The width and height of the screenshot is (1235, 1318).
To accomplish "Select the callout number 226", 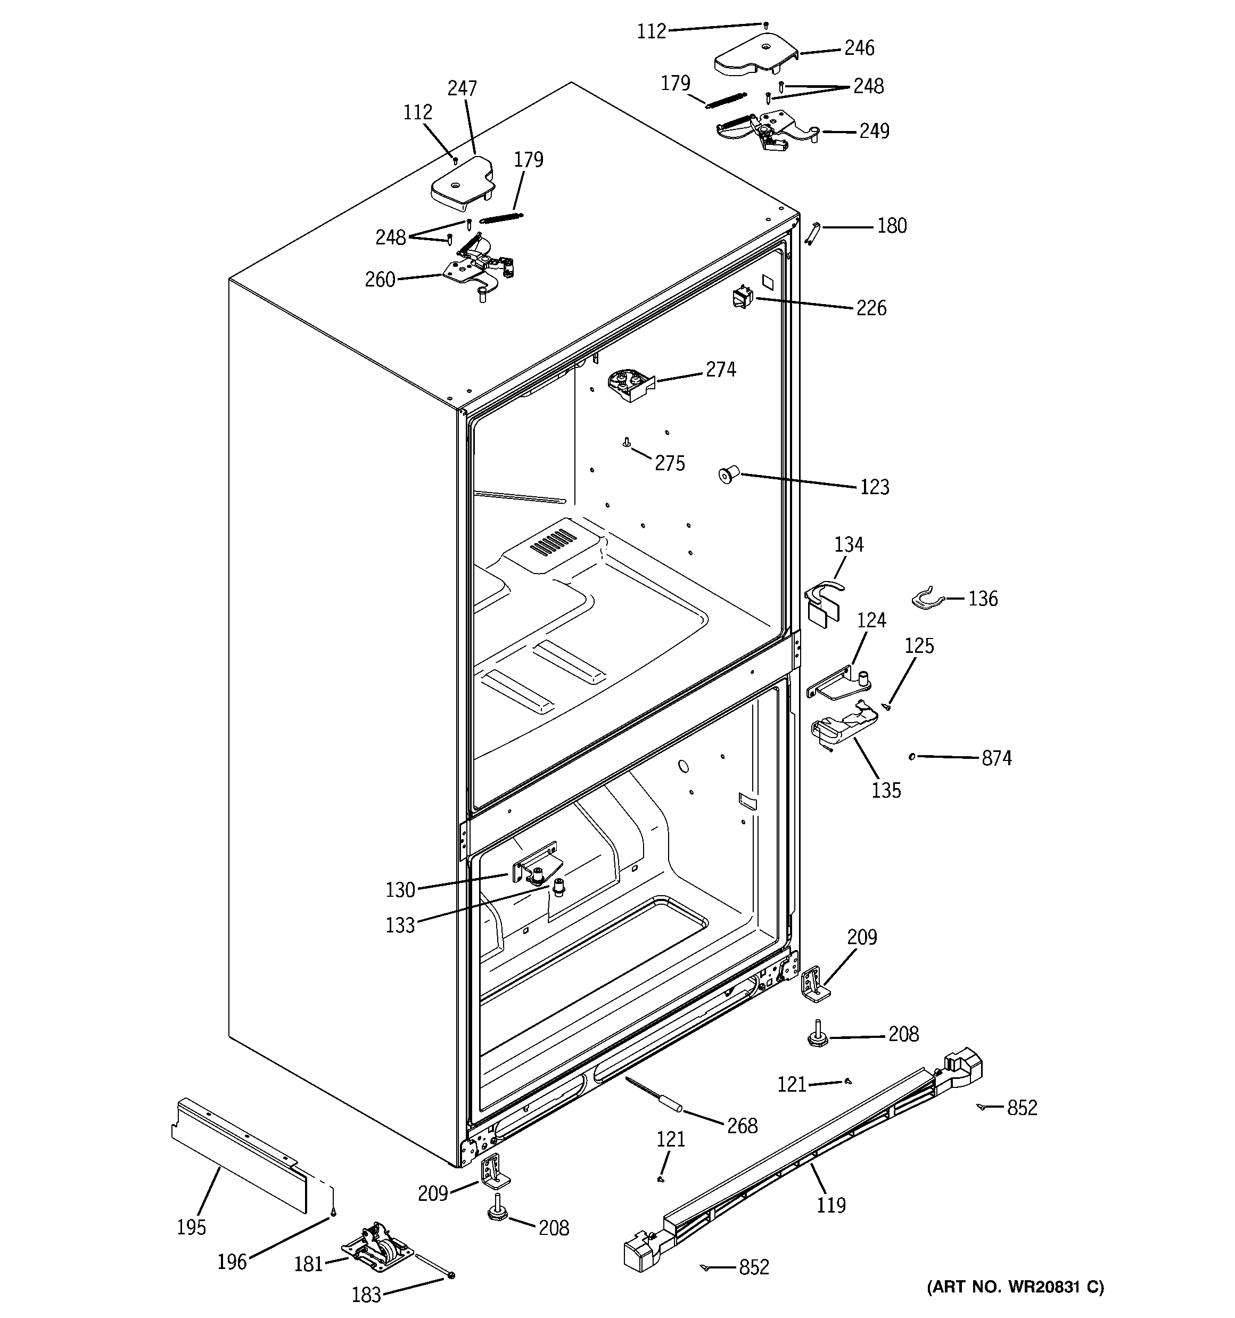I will coord(871,308).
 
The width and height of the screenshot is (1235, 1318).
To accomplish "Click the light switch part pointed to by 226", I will coord(740,297).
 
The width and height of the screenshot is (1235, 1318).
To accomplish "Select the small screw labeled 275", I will coord(626,441).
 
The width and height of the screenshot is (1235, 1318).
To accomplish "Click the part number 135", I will coord(886,790).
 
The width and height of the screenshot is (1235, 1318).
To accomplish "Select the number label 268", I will coord(741,1126).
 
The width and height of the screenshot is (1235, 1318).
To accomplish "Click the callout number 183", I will coord(366,1294).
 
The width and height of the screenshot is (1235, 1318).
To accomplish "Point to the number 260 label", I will coord(380,280).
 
